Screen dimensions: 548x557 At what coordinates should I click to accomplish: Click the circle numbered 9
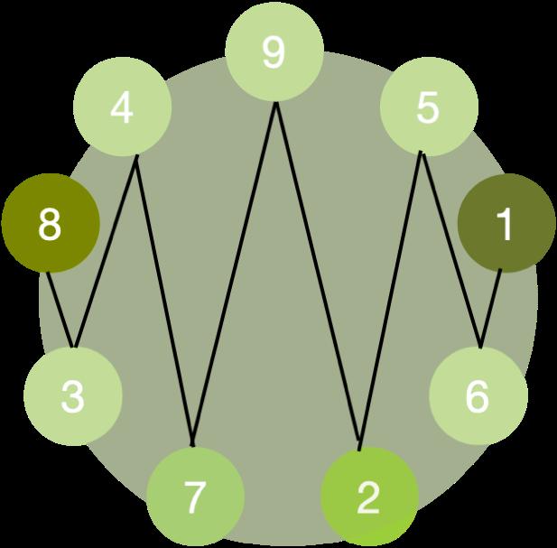coord(274,53)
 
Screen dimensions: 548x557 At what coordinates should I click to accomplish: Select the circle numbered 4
coord(121,109)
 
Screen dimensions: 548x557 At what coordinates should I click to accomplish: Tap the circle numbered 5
coord(428,108)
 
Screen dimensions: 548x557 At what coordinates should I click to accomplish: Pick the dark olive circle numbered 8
coord(50,225)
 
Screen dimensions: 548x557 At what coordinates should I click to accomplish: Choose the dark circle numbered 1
coord(505,225)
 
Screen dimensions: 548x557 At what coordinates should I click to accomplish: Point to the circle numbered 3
coord(72,395)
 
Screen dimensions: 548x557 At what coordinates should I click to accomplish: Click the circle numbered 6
coord(477,395)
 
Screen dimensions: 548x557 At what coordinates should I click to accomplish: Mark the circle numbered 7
coord(195,496)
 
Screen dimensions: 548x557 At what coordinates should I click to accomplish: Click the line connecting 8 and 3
coord(61,310)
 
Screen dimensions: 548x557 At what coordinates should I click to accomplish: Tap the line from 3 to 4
coord(106,253)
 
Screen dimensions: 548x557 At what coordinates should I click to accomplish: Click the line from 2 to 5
coord(390,298)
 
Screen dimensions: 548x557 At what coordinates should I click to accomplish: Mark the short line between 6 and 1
coord(491,307)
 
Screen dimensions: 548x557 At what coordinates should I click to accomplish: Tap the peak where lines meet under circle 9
coord(275,103)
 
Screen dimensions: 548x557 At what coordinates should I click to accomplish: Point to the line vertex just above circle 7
coord(193,445)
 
